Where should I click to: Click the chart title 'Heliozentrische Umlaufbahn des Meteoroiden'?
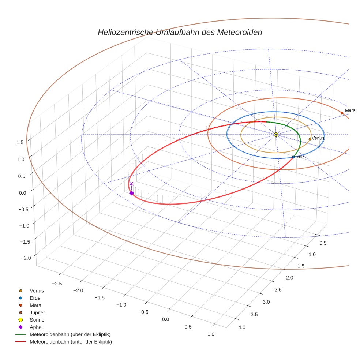click(x=180, y=32)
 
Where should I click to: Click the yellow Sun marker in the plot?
click(x=276, y=135)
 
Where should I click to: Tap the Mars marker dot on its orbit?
click(x=342, y=113)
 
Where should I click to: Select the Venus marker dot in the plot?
click(x=310, y=139)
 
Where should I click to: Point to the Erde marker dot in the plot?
click(x=293, y=157)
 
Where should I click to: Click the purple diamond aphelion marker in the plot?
click(x=131, y=193)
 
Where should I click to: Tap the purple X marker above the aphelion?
click(x=131, y=184)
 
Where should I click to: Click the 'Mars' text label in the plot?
click(x=350, y=110)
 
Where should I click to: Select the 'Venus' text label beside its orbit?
click(x=318, y=138)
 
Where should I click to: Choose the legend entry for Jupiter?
click(x=37, y=312)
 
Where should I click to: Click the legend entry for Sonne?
click(x=37, y=320)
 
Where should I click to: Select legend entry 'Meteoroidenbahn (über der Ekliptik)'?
click(x=70, y=334)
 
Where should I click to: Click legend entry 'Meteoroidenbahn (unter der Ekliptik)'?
click(x=71, y=342)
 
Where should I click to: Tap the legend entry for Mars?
click(x=35, y=305)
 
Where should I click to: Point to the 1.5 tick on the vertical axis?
click(x=20, y=142)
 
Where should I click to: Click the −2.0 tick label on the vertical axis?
click(x=26, y=258)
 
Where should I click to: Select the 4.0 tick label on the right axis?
click(x=242, y=327)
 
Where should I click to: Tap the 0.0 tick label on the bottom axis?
click(x=165, y=319)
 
